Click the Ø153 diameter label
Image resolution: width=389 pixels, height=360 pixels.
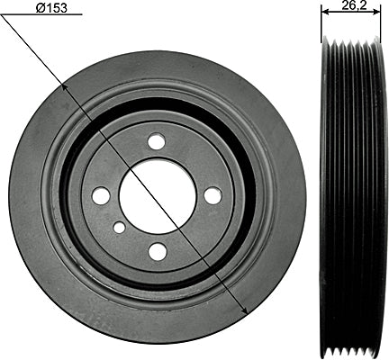tap(51, 8)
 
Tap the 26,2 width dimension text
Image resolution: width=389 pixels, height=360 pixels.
tap(354, 5)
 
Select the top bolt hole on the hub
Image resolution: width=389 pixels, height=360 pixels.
tap(157, 140)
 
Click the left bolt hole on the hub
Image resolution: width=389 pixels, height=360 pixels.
tap(101, 196)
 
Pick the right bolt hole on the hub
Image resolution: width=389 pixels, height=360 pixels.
tap(213, 195)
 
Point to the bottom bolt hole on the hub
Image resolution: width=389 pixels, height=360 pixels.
tap(158, 251)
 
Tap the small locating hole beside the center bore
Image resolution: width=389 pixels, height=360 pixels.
tap(119, 228)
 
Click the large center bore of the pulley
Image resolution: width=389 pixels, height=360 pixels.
tap(158, 196)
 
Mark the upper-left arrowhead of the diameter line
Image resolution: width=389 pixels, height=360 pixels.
tap(64, 87)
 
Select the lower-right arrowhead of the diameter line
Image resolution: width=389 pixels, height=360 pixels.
tap(244, 310)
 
